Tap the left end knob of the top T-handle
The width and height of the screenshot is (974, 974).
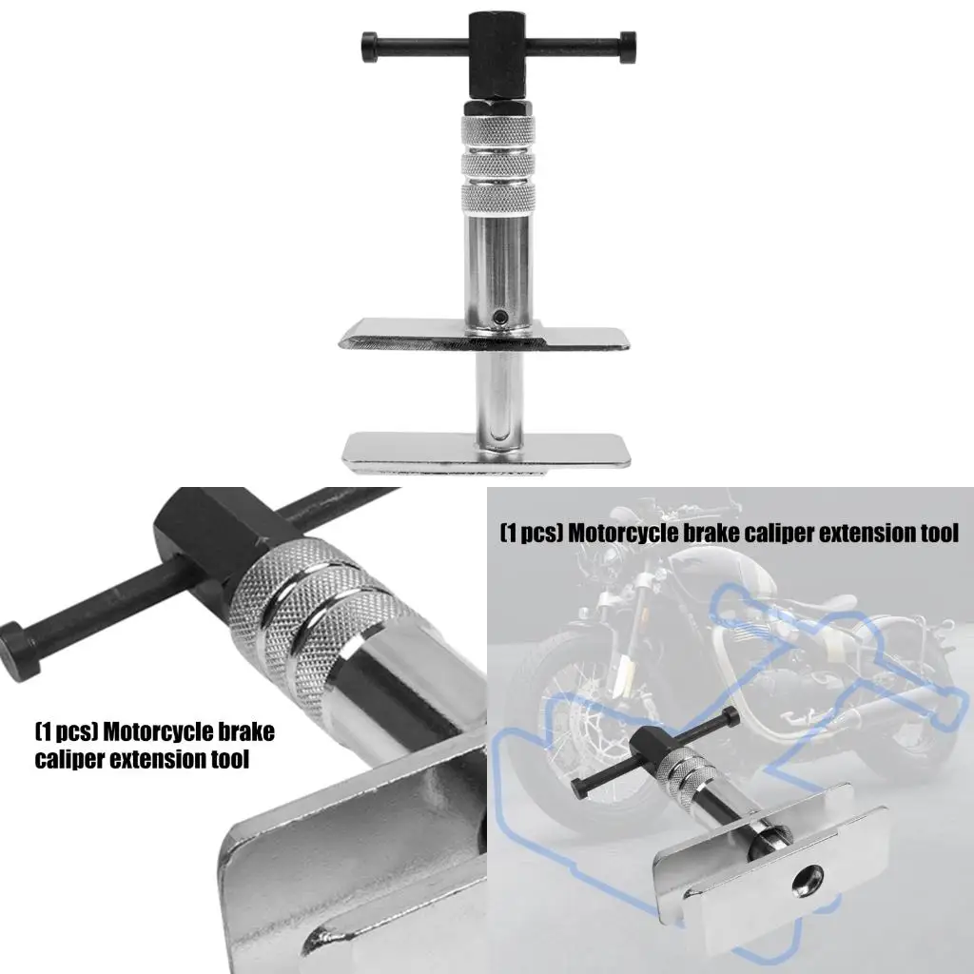368,43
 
